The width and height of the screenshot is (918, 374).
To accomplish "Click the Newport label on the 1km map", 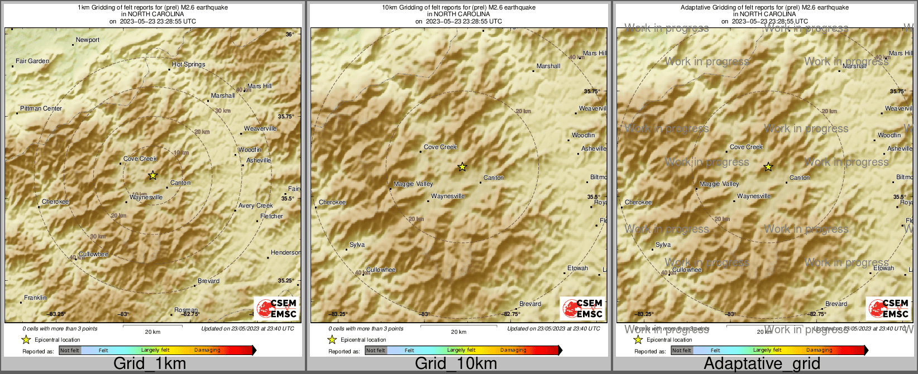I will [x=88, y=40].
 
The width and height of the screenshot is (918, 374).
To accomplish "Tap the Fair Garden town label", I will [x=32, y=61].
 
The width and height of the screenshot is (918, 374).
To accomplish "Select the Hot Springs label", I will [x=188, y=65].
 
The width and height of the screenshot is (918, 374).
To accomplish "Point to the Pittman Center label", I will [x=41, y=109].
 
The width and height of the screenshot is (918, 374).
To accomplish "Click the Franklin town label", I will [x=35, y=298].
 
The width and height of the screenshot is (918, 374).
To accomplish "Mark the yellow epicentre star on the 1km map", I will [x=152, y=176].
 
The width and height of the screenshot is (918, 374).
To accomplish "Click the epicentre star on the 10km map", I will [x=462, y=167].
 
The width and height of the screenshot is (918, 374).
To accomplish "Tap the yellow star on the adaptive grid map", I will [x=768, y=167].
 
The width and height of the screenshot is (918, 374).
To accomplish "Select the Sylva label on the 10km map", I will [x=357, y=245].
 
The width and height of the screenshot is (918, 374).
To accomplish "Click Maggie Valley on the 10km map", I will [x=413, y=184].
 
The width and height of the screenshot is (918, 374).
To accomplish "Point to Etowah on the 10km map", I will [x=577, y=268].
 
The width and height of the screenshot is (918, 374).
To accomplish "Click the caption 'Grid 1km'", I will [x=150, y=364].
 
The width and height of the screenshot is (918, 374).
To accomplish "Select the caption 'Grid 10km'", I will [x=456, y=364].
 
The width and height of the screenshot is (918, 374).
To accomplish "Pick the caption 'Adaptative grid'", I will [x=762, y=364].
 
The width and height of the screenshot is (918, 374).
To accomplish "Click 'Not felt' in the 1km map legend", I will [x=70, y=351].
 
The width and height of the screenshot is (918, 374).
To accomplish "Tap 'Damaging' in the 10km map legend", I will [x=513, y=351].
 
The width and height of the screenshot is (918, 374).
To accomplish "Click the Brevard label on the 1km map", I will [x=208, y=281].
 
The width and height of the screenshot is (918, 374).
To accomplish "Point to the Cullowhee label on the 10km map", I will [x=381, y=270].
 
